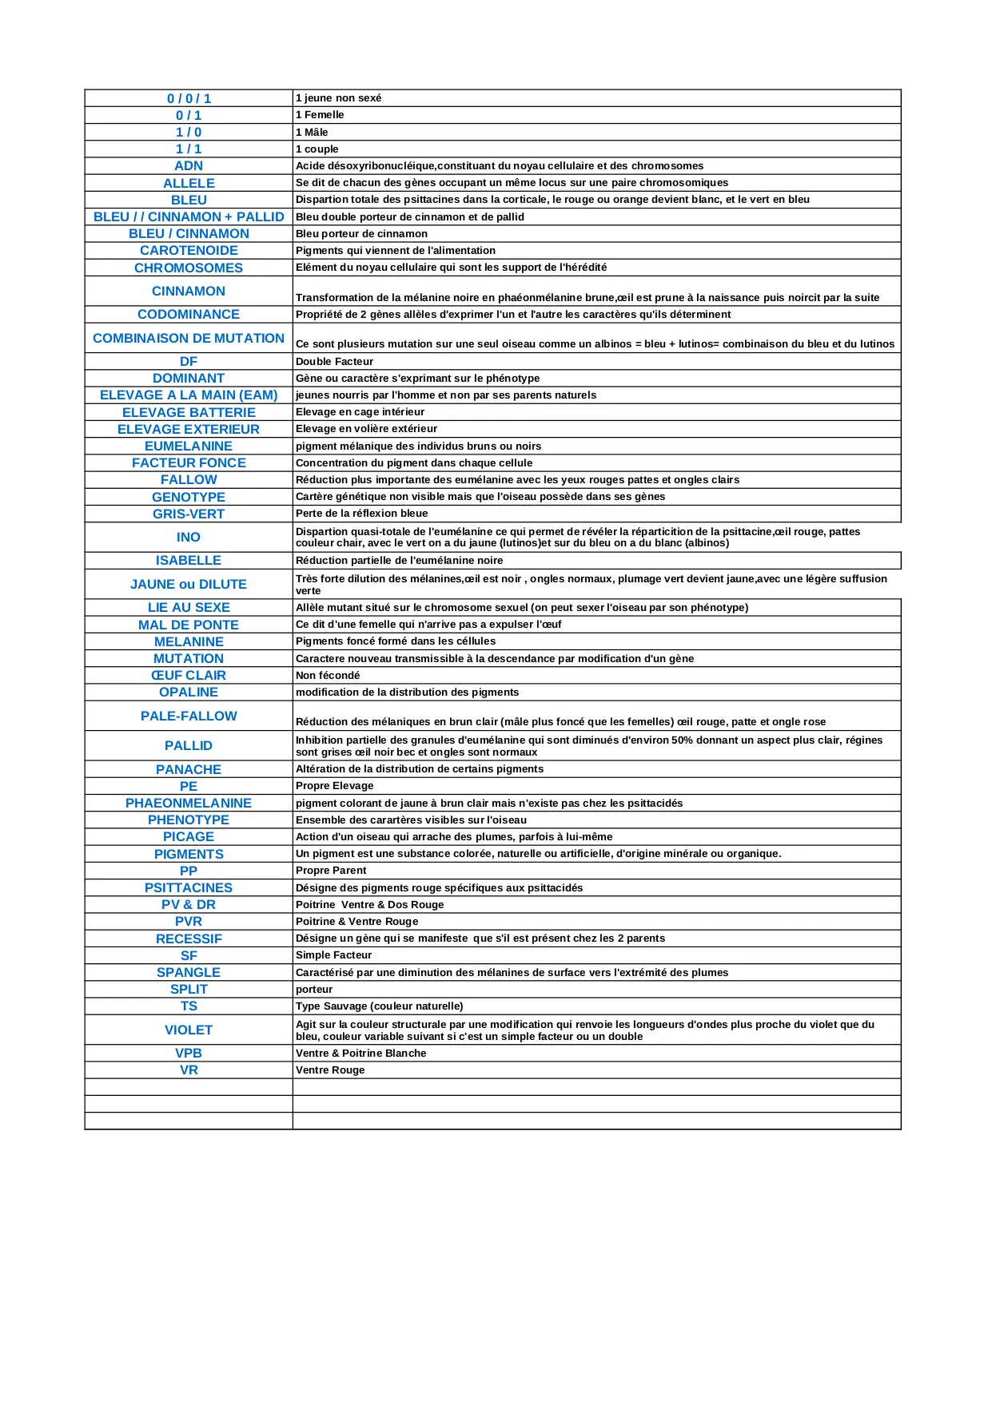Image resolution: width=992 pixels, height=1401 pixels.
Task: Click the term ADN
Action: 189,166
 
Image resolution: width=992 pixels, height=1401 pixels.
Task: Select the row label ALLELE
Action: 189,183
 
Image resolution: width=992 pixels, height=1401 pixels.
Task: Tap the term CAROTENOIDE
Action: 189,251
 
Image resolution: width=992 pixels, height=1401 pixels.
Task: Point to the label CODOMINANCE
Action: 189,315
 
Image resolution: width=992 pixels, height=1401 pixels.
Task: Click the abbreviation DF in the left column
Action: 189,362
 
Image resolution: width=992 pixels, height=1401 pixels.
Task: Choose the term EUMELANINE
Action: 189,446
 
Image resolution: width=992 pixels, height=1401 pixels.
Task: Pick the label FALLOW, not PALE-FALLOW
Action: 189,480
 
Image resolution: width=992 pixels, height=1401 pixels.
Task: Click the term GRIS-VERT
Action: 189,514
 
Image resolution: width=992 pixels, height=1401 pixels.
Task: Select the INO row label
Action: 189,538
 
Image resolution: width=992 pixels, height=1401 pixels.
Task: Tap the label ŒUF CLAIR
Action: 189,676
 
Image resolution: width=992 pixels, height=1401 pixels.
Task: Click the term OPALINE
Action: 189,693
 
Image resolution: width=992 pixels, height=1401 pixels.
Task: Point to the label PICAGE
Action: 189,837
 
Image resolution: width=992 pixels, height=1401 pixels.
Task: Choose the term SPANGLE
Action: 189,973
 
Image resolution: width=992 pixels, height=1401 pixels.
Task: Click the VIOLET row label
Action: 189,1030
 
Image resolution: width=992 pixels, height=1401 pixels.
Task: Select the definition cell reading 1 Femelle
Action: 320,115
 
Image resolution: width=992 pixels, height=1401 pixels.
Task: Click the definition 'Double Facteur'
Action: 334,362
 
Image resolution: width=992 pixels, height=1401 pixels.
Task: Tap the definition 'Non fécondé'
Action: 328,676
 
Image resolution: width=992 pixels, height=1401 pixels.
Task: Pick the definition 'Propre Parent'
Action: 331,871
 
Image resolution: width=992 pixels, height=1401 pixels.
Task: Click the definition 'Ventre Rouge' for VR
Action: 330,1070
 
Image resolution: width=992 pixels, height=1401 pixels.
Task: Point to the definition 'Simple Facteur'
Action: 333,955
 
